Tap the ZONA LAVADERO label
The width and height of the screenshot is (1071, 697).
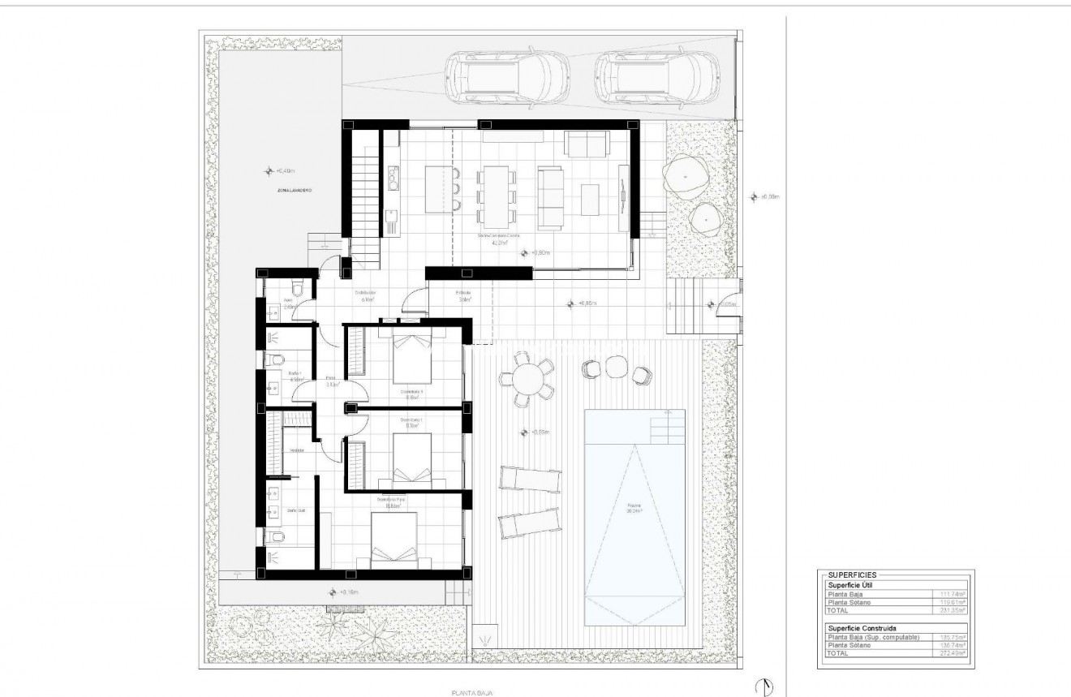click(x=295, y=190)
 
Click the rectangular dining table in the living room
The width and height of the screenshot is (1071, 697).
click(x=493, y=195)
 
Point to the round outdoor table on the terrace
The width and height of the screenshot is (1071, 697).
click(x=527, y=379)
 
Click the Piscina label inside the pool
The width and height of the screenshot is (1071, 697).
click(x=634, y=511)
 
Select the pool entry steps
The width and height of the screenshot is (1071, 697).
click(x=669, y=424)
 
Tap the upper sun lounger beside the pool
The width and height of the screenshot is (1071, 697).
click(x=529, y=480)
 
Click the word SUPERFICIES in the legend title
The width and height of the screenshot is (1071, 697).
click(x=851, y=574)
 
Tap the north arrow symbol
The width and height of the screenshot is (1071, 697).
click(x=763, y=686)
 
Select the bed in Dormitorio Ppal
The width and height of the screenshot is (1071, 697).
click(x=395, y=540)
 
